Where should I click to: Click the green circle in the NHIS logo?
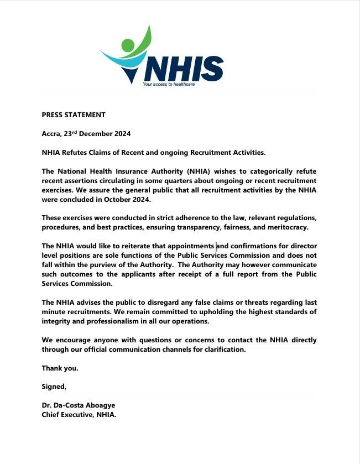pos(128,45)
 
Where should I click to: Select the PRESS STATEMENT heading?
pos(74,115)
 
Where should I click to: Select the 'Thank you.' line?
pos(60,368)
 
